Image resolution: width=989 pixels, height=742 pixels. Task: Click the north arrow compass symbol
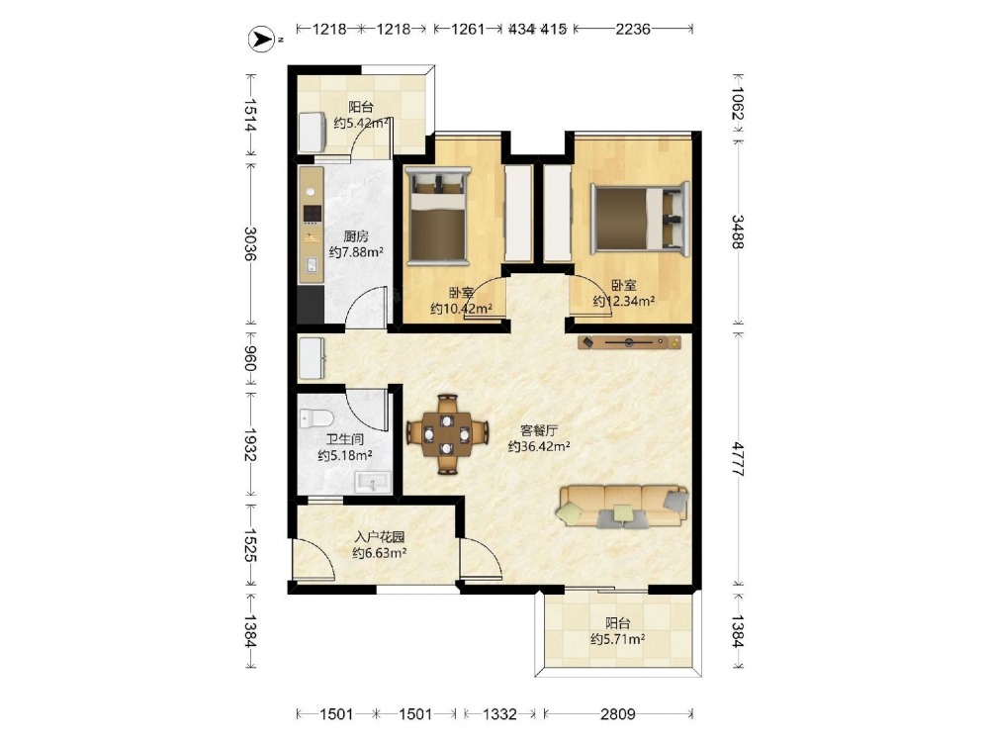[260, 40]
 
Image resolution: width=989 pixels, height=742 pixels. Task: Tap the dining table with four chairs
[447, 434]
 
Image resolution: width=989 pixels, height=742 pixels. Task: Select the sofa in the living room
[622, 506]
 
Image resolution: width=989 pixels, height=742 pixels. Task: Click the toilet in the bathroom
[316, 417]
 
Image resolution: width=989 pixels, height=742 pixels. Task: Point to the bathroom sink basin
[374, 484]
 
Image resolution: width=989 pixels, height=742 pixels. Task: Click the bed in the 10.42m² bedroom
[438, 216]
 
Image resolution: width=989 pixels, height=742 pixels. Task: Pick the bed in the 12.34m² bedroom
[640, 218]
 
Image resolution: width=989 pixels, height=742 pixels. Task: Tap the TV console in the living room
[629, 342]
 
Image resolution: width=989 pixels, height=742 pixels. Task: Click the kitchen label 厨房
[356, 236]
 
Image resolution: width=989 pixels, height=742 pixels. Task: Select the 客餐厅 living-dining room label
[539, 431]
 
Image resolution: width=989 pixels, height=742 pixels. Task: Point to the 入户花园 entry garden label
[379, 537]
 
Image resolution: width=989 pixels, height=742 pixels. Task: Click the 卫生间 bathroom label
[344, 440]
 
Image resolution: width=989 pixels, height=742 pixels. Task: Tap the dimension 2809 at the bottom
[617, 713]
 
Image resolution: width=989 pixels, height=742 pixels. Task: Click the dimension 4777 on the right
[738, 459]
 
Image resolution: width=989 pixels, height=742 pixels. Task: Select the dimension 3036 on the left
[250, 243]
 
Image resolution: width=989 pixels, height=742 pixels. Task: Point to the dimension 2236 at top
[633, 29]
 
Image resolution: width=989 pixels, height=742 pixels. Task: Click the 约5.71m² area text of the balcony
[617, 639]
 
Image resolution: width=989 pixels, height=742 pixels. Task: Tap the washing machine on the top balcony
[312, 132]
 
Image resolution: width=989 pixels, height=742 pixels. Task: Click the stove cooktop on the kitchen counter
[313, 215]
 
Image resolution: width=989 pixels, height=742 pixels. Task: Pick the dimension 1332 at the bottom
[499, 713]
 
